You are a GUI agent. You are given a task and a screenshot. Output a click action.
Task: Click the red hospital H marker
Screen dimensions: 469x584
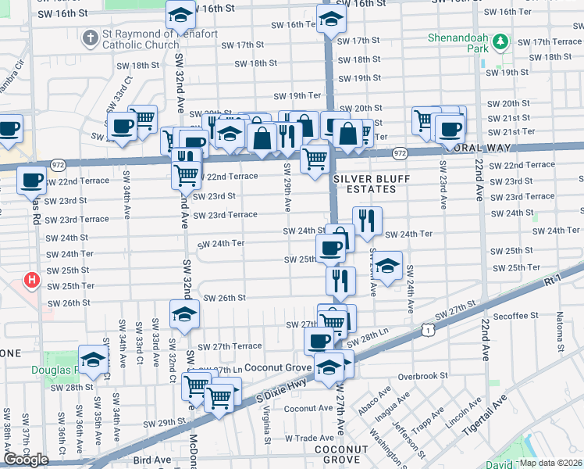pos(31,279)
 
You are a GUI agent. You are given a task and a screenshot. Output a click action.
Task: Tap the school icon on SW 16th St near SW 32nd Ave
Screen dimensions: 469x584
pos(181,15)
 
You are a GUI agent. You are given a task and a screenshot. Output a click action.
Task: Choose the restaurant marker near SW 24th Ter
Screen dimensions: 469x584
pos(367,220)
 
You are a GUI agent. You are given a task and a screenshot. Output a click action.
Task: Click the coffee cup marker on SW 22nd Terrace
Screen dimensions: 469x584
pos(31,180)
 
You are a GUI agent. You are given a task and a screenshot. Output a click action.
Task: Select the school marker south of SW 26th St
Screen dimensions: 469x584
pos(185,314)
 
